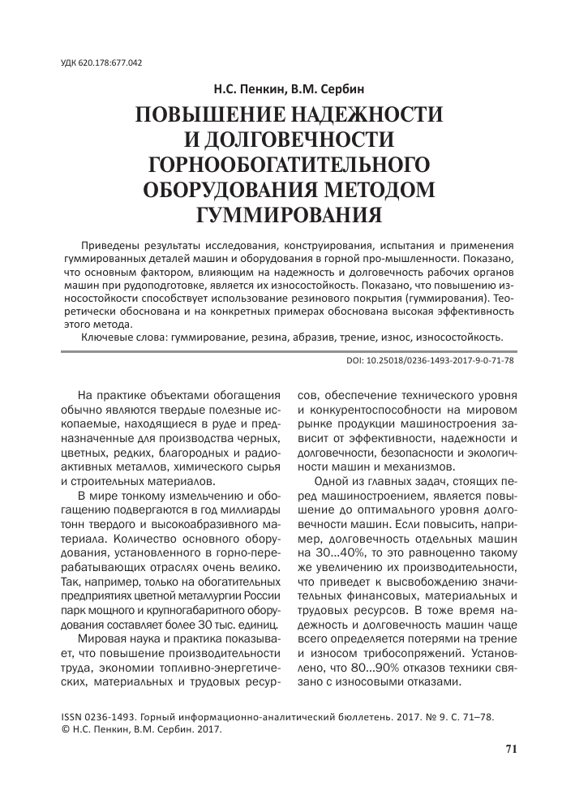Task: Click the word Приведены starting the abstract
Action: [x=116, y=244]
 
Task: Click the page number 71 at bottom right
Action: [x=510, y=749]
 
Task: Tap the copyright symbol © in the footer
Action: [x=67, y=729]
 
